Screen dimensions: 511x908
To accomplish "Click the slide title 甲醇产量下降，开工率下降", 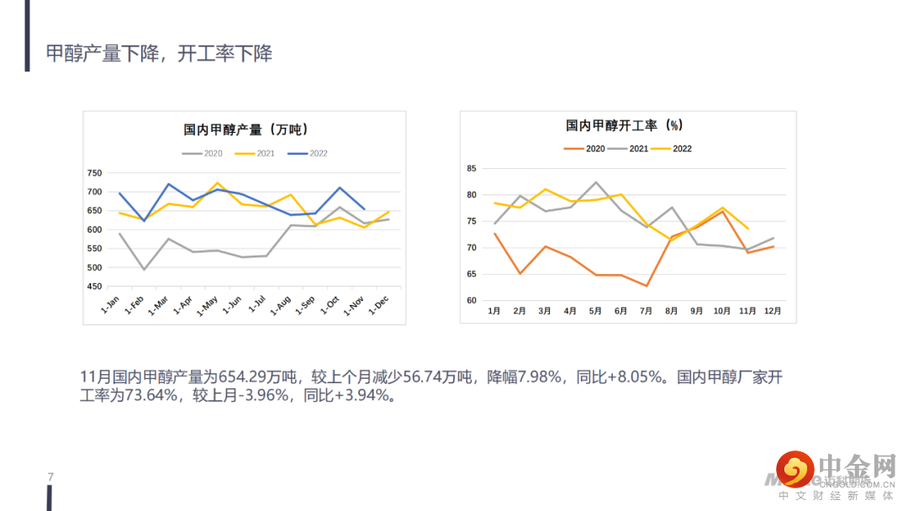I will tap(159, 54).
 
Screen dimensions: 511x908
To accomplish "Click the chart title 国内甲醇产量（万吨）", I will tap(245, 129).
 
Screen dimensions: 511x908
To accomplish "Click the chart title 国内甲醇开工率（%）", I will tap(624, 126).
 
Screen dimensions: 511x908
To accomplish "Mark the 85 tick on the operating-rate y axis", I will tap(471, 169).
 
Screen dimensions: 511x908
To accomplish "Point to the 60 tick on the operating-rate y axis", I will tap(471, 301).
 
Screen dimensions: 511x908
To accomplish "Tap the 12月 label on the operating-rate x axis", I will tap(773, 311).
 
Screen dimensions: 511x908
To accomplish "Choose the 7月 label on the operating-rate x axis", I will tap(646, 311).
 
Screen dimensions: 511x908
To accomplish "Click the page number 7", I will tap(51, 477).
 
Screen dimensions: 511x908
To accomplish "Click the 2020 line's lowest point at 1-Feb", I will tap(144, 270).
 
